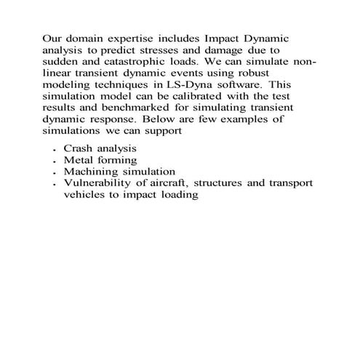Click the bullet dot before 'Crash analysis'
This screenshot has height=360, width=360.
point(55,151)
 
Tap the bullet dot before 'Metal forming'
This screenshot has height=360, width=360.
point(55,162)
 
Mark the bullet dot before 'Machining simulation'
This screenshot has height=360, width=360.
point(55,174)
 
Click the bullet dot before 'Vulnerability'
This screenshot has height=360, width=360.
point(55,185)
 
